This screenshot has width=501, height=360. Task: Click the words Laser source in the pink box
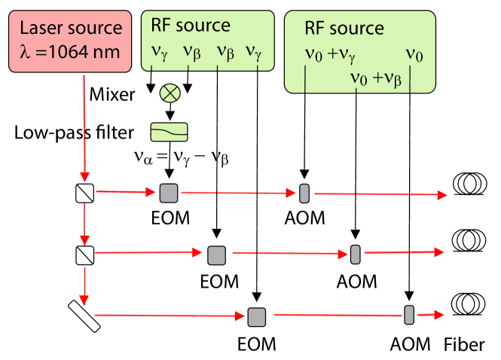coord(70,29)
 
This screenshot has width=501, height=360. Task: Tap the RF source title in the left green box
coord(191,26)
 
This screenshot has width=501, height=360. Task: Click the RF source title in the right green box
coord(344,29)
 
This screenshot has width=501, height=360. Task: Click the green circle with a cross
coord(170,93)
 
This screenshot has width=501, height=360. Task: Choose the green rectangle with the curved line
coord(170,132)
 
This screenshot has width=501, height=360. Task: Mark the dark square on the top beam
coord(169,193)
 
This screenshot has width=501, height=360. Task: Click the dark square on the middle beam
coord(217,255)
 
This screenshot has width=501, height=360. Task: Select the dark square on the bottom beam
coord(257,316)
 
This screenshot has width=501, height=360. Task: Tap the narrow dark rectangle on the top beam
coord(304,194)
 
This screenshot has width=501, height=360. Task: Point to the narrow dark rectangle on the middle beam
coord(355,255)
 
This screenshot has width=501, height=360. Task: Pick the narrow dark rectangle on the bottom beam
coord(409,315)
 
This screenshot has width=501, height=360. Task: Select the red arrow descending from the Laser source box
coord(84,128)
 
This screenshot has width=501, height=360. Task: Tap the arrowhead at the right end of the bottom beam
coord(439,315)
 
